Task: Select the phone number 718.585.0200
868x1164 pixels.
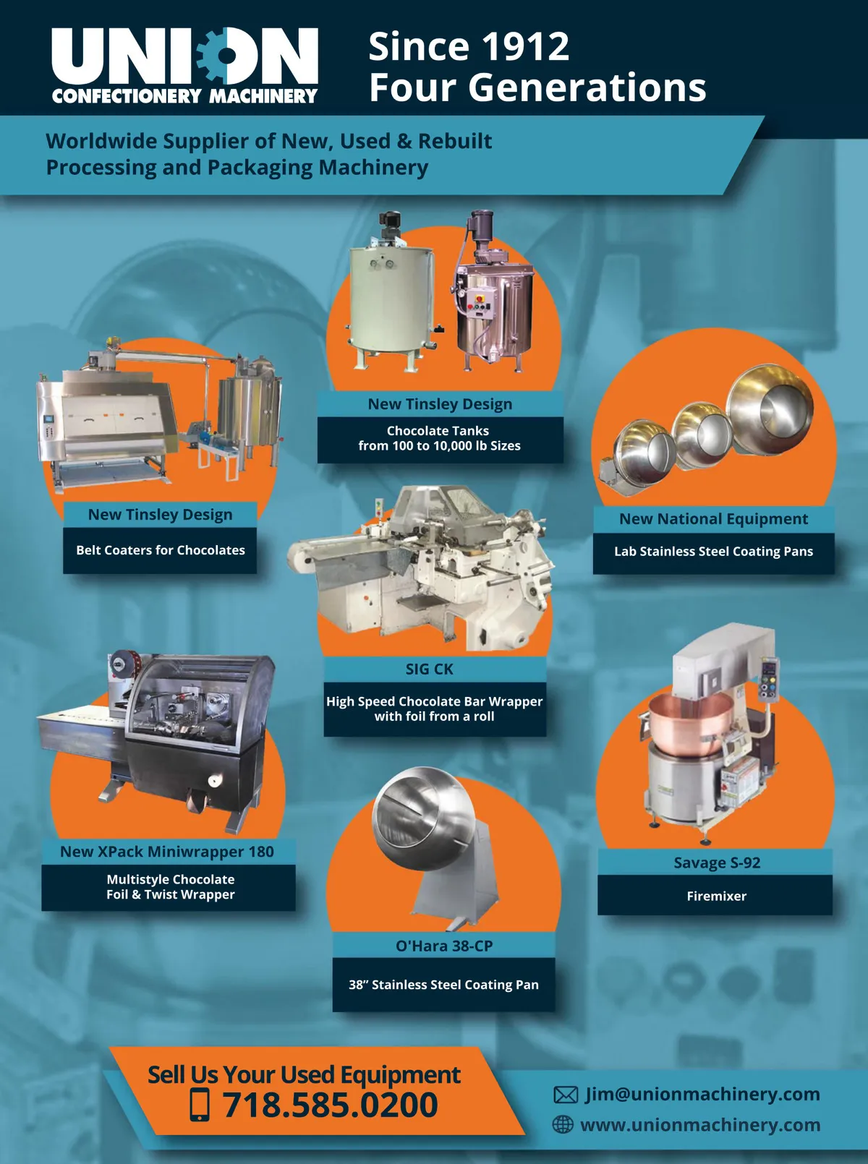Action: tap(330, 1105)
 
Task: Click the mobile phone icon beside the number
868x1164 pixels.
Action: tap(200, 1105)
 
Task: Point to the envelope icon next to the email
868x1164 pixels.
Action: tap(566, 1095)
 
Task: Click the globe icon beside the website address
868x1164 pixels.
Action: tap(563, 1124)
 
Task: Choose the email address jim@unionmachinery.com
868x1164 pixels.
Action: tap(702, 1094)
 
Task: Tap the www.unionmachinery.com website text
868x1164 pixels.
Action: tap(700, 1125)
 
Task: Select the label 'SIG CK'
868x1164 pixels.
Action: tap(429, 669)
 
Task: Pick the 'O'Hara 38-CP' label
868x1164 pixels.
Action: tap(444, 946)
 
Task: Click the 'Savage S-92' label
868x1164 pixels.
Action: tap(717, 863)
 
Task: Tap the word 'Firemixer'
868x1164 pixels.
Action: tap(716, 896)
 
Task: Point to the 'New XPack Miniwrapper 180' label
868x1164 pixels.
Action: tap(167, 852)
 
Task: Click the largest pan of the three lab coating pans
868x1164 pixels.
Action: tap(770, 409)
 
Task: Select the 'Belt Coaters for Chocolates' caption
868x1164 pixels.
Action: tap(161, 550)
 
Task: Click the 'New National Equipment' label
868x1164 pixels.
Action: tap(714, 518)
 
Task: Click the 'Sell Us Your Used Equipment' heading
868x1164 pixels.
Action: tap(304, 1074)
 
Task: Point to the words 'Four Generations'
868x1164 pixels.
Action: tap(537, 87)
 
